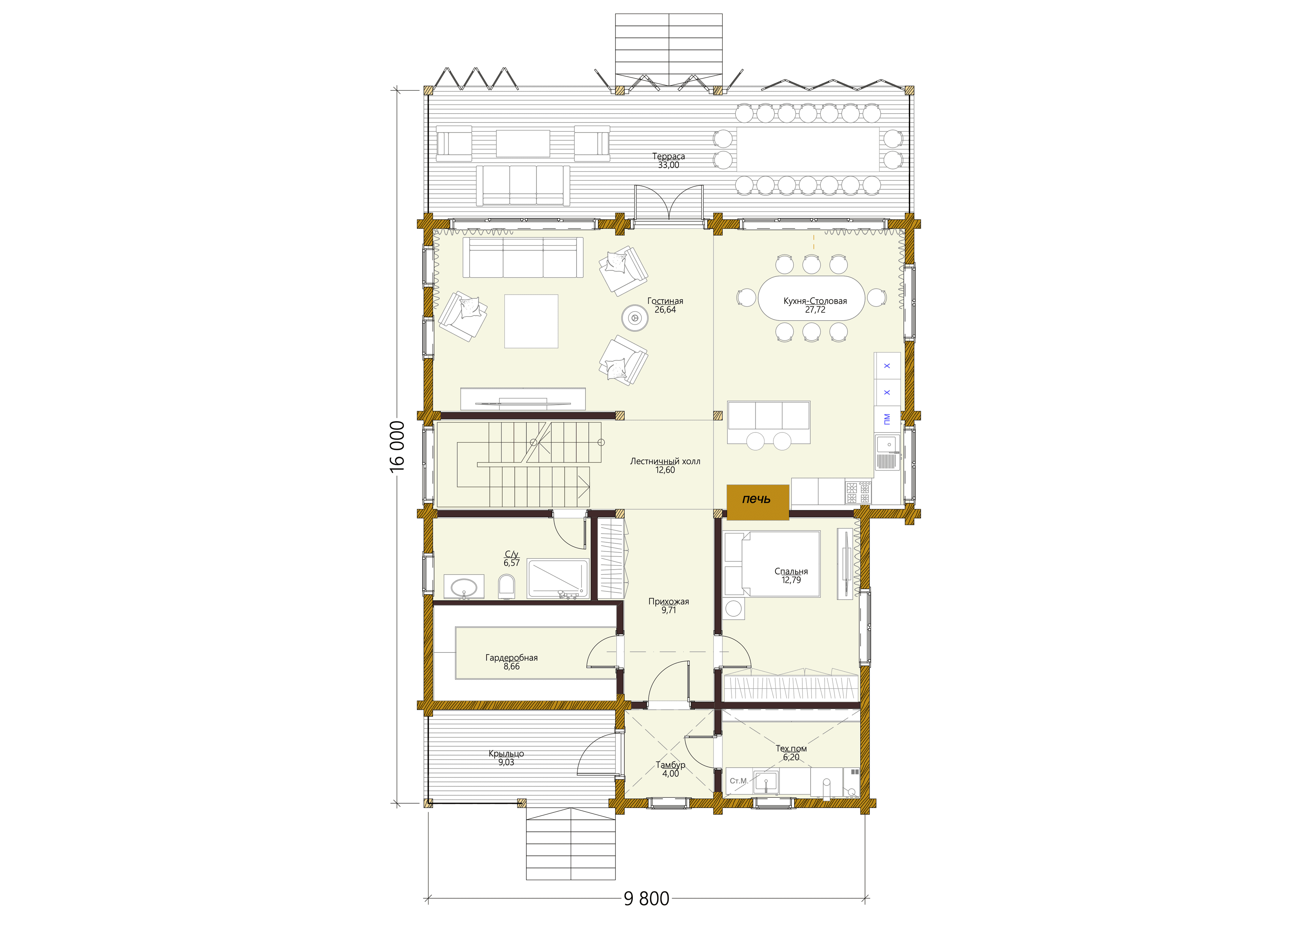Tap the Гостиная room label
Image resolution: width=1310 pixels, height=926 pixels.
point(665,301)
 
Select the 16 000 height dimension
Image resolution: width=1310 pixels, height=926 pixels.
point(398,446)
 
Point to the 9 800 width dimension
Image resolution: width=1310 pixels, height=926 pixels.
point(646,899)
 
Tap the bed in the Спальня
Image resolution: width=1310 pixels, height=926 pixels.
point(772,564)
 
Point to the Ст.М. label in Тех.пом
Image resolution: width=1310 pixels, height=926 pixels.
point(738,780)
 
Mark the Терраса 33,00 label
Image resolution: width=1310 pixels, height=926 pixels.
point(669,160)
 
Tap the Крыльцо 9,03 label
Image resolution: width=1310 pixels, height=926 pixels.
point(506,758)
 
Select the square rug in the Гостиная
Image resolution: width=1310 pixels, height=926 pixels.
point(531,321)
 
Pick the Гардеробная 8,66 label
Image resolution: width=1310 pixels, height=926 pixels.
point(512,662)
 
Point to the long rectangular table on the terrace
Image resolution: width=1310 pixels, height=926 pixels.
point(808,149)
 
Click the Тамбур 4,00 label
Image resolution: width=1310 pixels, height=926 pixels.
point(670,769)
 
